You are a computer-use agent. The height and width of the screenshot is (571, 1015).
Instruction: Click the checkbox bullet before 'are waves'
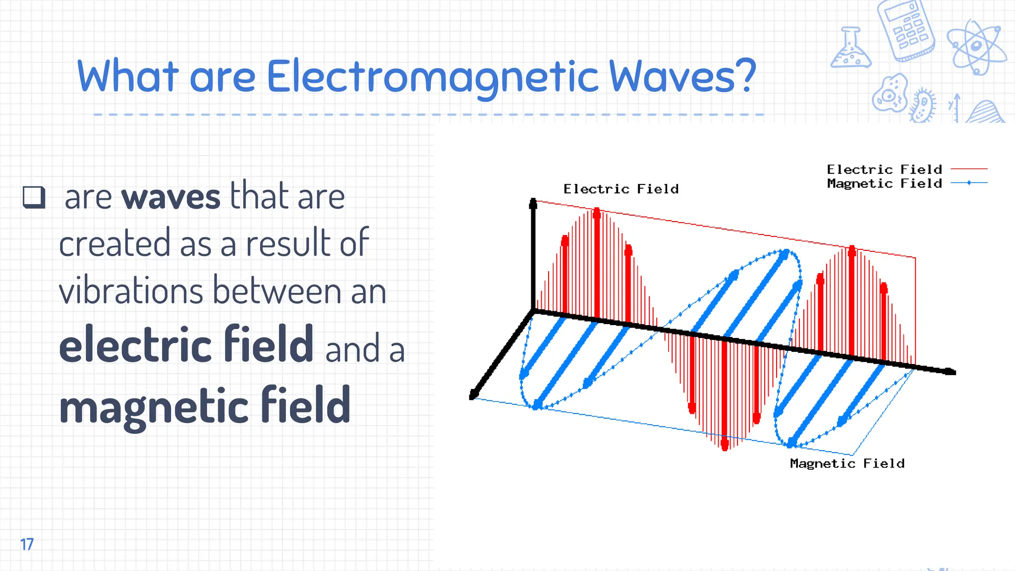[34, 197]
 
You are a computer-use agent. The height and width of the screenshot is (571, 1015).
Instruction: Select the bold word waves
[171, 197]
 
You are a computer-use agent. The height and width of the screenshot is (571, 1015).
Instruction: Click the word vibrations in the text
[131, 291]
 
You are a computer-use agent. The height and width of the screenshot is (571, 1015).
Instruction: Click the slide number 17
[27, 544]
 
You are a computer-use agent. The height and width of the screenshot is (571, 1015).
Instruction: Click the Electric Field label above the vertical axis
[621, 189]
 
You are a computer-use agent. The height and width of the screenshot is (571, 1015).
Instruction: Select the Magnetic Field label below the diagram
[847, 463]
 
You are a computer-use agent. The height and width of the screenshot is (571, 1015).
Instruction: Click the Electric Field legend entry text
[884, 170]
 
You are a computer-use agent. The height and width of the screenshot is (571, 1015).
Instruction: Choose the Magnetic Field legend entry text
[884, 183]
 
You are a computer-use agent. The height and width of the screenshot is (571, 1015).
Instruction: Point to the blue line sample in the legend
[969, 183]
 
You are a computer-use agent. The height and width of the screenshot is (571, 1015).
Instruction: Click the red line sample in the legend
[969, 169]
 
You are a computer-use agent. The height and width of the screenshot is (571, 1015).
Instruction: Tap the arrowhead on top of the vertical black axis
[533, 203]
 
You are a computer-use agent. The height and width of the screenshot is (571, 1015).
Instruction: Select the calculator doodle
[906, 31]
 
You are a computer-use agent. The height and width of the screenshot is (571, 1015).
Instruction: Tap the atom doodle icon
[976, 47]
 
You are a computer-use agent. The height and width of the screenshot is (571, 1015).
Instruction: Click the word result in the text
[288, 243]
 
